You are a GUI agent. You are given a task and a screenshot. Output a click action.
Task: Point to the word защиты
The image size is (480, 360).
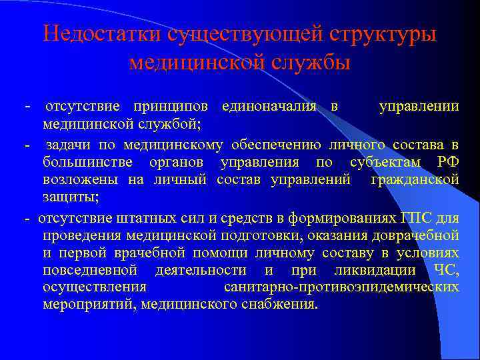(x=71, y=198)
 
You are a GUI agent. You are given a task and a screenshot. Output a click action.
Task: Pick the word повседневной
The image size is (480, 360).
(x=90, y=270)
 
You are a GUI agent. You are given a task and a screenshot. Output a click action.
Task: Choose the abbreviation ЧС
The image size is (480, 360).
(x=445, y=270)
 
